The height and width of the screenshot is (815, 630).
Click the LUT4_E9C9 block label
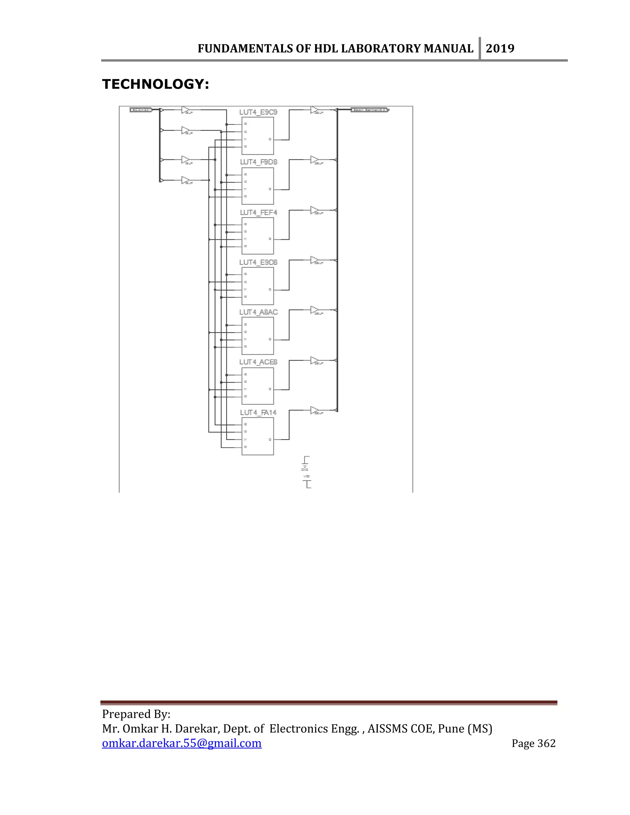tap(258, 112)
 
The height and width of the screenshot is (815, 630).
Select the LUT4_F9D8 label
tap(258, 162)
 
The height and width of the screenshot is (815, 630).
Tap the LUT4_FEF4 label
tap(258, 212)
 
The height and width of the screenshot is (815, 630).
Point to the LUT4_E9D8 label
tap(258, 262)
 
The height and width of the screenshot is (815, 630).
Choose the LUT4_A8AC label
tap(258, 312)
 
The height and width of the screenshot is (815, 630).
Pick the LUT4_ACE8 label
tap(258, 362)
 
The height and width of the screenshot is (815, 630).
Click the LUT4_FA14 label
tap(258, 412)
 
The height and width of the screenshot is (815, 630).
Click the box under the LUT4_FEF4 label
tap(257, 236)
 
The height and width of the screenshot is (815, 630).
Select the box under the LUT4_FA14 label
tap(257, 436)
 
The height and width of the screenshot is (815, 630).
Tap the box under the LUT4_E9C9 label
tap(257, 136)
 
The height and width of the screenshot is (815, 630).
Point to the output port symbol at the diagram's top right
tap(370, 110)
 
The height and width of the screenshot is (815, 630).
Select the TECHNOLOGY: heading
tap(155, 84)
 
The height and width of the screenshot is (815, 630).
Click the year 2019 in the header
tap(500, 49)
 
